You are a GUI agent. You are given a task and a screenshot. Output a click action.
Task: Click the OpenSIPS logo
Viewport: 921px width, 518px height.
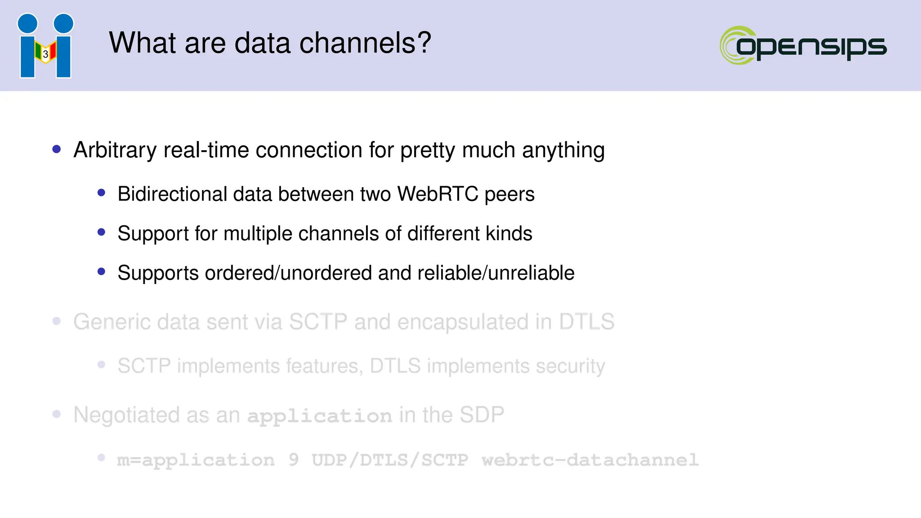(x=803, y=45)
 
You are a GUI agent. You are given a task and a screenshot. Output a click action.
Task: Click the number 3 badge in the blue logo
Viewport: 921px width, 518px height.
(x=45, y=54)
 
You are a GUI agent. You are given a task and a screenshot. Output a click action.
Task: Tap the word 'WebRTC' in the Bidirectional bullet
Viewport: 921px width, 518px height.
(x=438, y=194)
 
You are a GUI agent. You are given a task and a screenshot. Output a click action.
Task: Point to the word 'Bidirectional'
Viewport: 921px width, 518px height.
(x=172, y=194)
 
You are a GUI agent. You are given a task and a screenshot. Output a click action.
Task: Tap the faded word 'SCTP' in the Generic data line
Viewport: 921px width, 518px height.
(x=317, y=322)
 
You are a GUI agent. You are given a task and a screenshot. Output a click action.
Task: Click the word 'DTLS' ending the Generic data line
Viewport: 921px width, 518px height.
(x=586, y=322)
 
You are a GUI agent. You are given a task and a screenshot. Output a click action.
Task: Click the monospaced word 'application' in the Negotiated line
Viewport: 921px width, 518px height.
(x=319, y=416)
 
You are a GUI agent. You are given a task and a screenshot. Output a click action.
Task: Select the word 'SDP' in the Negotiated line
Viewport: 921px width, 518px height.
(x=481, y=415)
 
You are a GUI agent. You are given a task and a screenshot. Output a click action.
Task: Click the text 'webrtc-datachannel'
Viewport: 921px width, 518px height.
(x=590, y=460)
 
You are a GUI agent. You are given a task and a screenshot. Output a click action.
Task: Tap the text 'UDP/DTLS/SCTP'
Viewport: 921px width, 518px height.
(x=390, y=460)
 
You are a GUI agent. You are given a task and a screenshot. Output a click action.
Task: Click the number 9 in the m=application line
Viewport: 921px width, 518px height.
(x=293, y=460)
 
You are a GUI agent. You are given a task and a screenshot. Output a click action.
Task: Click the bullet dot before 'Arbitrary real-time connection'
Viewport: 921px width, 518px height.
(x=57, y=149)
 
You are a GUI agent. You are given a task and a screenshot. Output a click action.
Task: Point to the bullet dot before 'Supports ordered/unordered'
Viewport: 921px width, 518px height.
(x=101, y=272)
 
